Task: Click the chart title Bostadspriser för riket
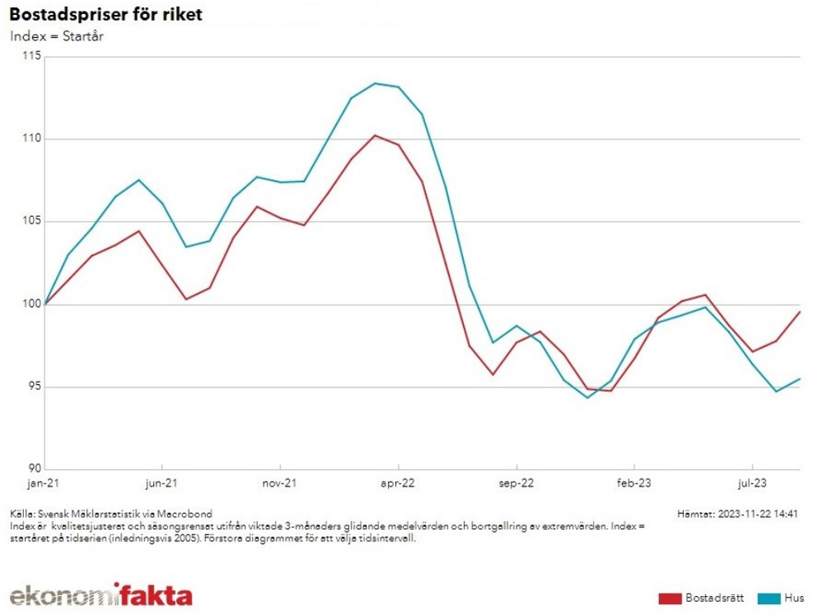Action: tap(106, 14)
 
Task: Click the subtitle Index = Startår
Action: tap(56, 36)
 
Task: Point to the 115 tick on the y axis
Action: tap(31, 55)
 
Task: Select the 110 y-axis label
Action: tap(31, 138)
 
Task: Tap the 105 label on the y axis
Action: tap(31, 221)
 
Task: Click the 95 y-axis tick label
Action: tap(35, 386)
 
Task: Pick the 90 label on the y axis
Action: tap(35, 468)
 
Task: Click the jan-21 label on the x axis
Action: tap(43, 483)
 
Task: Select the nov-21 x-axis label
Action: tap(280, 483)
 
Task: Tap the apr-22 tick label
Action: tap(398, 483)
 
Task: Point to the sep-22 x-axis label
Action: tap(516, 483)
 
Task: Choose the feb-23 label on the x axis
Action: tap(634, 483)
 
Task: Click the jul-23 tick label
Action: tap(752, 483)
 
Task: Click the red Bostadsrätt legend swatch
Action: tap(670, 598)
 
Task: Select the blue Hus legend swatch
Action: tap(769, 598)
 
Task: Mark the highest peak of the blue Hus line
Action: tap(375, 83)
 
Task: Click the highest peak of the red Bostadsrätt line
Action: tap(375, 135)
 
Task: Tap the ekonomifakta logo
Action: tap(101, 594)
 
